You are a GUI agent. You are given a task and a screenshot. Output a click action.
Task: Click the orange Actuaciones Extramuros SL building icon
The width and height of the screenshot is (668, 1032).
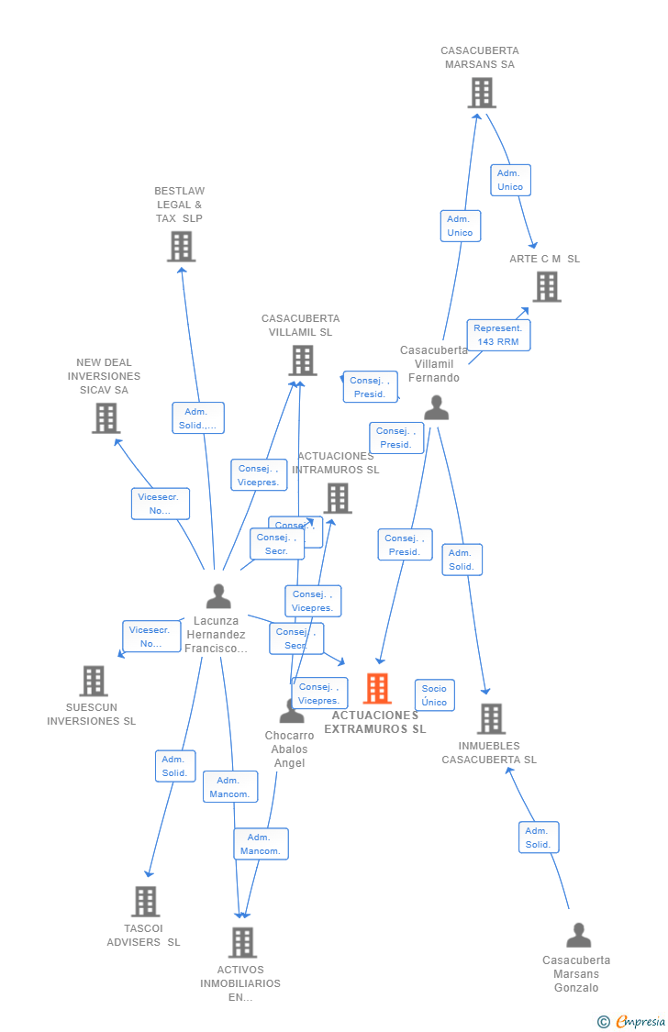377,689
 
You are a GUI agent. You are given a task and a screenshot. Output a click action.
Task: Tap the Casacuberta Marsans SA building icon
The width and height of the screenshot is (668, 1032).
481,93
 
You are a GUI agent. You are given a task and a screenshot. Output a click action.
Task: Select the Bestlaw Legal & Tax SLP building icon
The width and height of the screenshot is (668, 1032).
181,247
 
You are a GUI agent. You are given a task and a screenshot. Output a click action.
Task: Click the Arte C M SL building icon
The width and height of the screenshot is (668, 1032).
547,287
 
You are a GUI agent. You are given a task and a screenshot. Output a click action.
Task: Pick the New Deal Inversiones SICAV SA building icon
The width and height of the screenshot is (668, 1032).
106,418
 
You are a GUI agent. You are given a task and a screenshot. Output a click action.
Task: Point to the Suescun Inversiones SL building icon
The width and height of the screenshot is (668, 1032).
94,682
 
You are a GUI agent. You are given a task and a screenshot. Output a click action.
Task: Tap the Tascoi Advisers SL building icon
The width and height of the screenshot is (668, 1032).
145,902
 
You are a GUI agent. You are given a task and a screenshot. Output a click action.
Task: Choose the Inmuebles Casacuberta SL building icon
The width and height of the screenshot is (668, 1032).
491,719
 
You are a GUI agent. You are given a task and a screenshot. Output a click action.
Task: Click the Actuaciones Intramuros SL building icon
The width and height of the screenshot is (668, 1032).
337,499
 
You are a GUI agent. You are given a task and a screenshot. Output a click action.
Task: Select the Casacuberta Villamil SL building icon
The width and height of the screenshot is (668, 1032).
303,361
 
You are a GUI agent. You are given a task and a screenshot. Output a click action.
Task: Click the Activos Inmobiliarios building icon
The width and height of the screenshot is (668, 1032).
242,942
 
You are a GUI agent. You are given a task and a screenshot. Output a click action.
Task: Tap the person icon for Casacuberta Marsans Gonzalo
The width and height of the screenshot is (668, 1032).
578,936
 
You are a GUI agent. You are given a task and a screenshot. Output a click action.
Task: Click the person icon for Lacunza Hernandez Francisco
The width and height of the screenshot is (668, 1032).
218,597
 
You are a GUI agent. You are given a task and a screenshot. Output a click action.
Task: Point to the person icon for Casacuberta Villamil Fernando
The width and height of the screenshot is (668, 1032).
436,408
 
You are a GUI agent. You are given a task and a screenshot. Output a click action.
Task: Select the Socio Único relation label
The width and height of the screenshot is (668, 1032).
434,695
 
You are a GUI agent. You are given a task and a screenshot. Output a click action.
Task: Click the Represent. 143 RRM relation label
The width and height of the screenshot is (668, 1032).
498,335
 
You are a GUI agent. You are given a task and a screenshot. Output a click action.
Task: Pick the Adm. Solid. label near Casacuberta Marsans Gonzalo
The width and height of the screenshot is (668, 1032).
538,838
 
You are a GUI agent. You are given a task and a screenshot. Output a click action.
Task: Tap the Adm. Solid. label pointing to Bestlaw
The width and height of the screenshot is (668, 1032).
197,418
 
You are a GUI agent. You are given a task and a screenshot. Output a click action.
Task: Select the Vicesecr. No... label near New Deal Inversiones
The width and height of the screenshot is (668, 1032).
160,504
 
